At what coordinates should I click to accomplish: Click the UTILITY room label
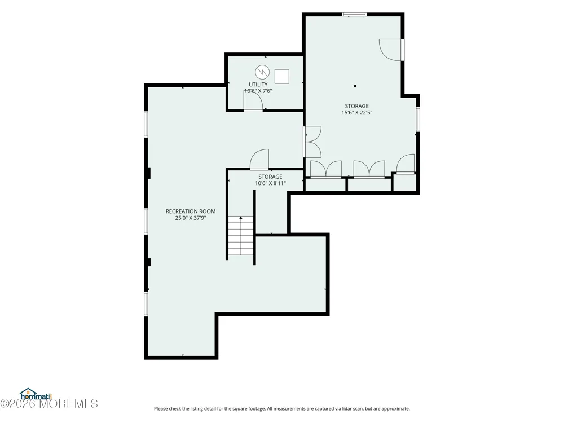point(258,85)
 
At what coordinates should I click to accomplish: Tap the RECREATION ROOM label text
point(190,211)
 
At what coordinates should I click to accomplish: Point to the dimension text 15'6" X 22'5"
point(356,113)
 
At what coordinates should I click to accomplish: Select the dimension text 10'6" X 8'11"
point(270,183)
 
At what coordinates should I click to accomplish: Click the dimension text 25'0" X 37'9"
point(190,218)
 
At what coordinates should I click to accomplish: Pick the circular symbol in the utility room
point(262,72)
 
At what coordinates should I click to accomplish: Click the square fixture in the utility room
point(281,77)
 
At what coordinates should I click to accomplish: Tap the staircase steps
point(241,236)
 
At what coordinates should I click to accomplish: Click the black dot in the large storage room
point(355,86)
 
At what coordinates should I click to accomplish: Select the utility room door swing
point(252,101)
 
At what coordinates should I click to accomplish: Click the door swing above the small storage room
point(259,159)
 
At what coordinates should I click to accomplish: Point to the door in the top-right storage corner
point(391,50)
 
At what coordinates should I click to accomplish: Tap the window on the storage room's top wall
point(354,15)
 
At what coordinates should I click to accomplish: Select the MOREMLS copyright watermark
point(49,404)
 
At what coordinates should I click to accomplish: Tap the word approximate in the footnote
point(395,409)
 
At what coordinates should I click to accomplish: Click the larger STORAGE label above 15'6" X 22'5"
point(356,106)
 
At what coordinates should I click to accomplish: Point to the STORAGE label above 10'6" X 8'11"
point(270,177)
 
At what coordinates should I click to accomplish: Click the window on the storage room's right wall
point(418,119)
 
